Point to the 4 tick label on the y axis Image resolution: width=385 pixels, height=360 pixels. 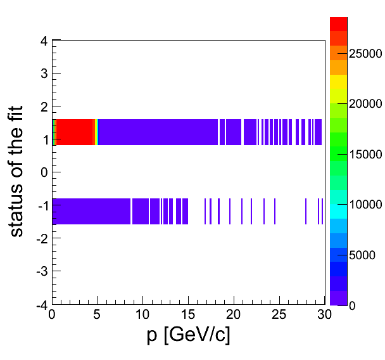click(x=44, y=41)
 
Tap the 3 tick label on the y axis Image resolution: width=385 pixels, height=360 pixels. click(x=44, y=74)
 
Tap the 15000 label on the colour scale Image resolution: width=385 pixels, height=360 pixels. click(x=365, y=155)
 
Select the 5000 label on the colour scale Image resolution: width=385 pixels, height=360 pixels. click(x=363, y=255)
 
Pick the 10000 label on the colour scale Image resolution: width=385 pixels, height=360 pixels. click(x=365, y=205)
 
